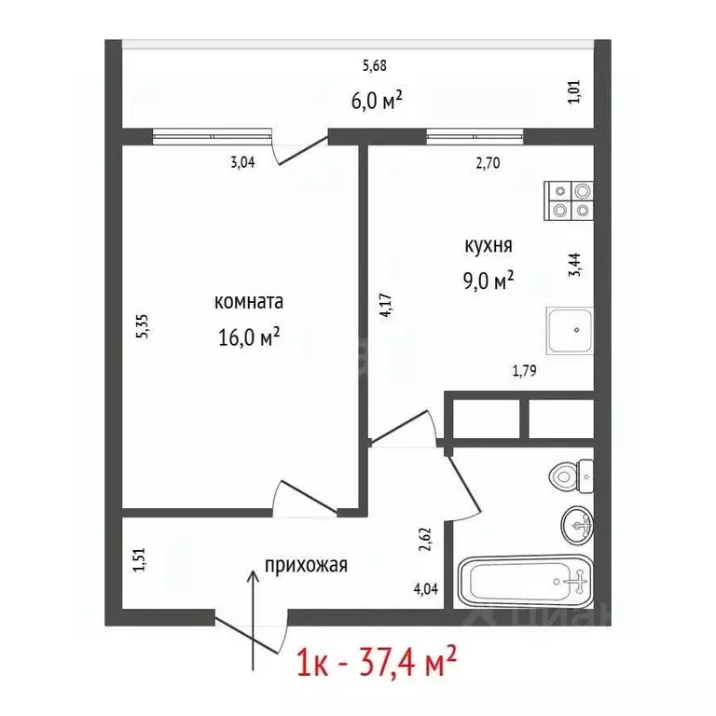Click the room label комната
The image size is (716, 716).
(248, 302)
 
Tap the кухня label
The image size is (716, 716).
(488, 246)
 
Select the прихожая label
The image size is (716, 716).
(306, 565)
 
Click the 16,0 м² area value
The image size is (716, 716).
(248, 336)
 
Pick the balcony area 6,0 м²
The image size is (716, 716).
(376, 100)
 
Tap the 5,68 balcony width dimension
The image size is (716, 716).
(374, 65)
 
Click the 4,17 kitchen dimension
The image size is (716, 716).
(384, 307)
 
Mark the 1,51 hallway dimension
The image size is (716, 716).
(140, 559)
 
